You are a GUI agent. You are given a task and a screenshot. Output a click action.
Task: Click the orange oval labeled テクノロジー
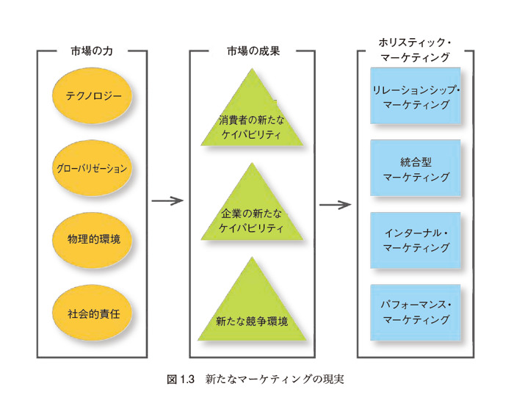[93, 96]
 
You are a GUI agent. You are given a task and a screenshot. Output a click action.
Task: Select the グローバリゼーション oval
[93, 168]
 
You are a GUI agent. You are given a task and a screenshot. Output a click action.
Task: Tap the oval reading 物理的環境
[93, 240]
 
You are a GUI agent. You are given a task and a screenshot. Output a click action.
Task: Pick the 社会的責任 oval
[93, 313]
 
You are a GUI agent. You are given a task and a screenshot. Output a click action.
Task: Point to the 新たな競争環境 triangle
[252, 312]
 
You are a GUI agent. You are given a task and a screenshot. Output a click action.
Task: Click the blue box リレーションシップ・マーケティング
[416, 96]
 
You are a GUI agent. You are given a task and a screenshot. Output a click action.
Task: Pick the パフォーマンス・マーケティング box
[416, 313]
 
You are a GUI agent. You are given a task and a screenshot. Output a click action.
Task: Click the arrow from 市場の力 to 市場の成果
[166, 200]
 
